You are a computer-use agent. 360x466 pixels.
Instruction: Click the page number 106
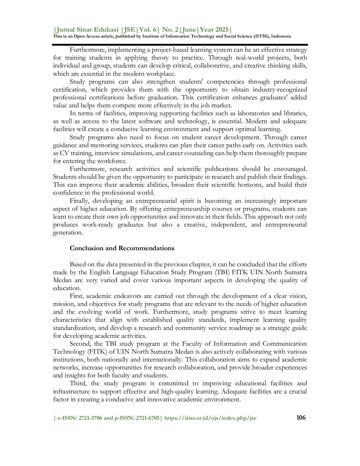301,417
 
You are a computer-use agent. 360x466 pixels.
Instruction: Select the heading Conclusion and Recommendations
122,248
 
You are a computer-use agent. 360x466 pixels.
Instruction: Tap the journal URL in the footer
210,418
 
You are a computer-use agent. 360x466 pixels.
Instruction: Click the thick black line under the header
180,45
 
